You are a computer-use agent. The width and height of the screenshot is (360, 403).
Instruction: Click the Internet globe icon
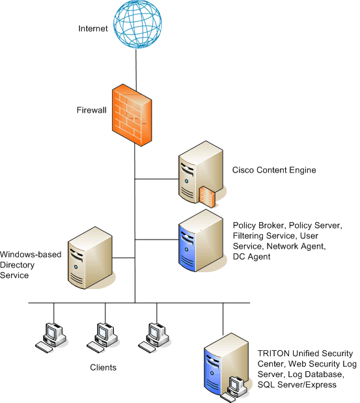coord(137,24)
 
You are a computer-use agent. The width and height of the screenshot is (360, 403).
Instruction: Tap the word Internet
coord(93,29)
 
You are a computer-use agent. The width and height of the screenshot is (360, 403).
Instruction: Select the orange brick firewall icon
coord(132,115)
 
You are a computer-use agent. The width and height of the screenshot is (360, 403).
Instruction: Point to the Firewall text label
coord(92,110)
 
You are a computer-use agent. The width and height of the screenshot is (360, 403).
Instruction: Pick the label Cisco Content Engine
coord(274,170)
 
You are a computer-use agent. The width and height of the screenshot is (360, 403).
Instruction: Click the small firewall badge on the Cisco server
coord(207,197)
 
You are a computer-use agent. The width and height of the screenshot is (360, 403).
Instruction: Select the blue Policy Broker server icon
coord(201,240)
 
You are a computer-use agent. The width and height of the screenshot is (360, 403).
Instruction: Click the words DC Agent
coord(251,257)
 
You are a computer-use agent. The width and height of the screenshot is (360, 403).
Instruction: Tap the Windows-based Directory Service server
coord(90,258)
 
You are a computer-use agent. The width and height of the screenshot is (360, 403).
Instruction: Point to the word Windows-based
coord(31,255)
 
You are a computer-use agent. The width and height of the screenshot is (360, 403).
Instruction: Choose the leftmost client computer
coord(51,338)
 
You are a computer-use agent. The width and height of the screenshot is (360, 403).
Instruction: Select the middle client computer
coord(102,338)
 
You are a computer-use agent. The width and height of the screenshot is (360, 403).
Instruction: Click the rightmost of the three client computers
coord(154,338)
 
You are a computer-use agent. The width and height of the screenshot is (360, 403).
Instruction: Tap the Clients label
coord(103,368)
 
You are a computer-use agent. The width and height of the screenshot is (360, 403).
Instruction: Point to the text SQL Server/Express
coord(297,385)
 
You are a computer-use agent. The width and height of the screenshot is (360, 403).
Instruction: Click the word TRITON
coord(273,354)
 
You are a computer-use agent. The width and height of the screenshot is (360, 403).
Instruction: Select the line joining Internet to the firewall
coord(136,70)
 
